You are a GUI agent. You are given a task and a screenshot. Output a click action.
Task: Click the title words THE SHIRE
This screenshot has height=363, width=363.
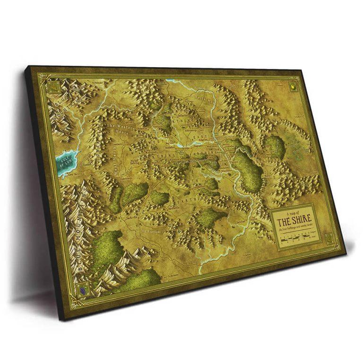coord(294,220)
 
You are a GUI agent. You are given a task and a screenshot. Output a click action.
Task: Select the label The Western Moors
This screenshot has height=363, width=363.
coord(120,129)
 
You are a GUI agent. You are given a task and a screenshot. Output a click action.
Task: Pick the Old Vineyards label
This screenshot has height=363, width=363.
coord(152,232)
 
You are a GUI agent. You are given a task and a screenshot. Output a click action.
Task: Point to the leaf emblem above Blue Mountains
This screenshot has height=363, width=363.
coord(54,88)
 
